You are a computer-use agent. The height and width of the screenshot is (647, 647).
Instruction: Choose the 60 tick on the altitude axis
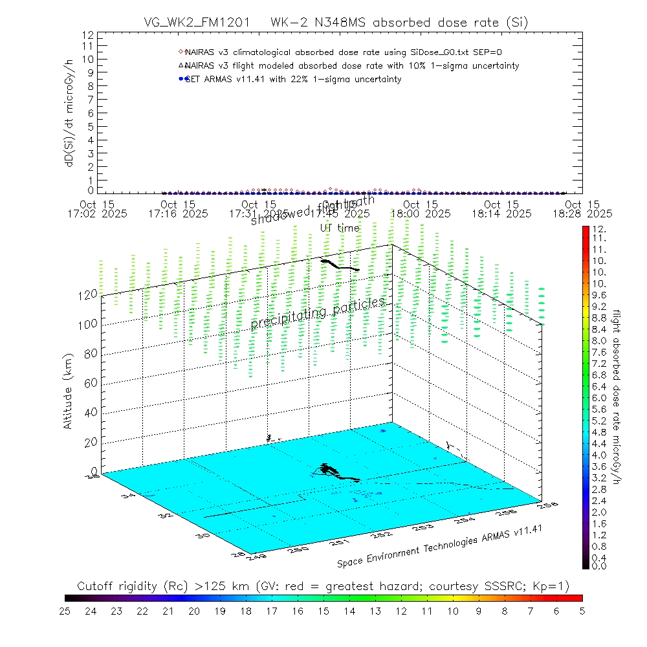91,383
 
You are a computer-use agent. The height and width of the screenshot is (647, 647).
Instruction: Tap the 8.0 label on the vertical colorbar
598,341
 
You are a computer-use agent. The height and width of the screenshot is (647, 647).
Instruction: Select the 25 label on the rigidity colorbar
65,610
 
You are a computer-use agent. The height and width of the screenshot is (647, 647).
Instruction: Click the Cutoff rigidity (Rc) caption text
323,586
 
